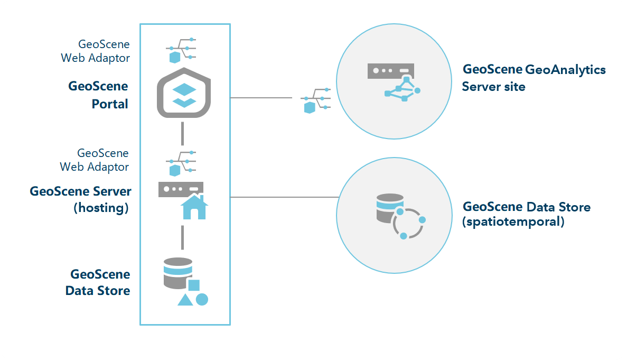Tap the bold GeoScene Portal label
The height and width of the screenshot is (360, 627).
click(x=98, y=95)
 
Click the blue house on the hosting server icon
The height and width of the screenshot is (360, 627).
click(x=194, y=207)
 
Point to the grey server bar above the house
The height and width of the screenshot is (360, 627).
click(x=181, y=189)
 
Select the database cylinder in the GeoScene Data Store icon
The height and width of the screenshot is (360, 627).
click(x=177, y=272)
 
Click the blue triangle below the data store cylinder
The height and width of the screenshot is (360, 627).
click(x=185, y=300)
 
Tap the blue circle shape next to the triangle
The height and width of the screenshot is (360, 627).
click(x=202, y=299)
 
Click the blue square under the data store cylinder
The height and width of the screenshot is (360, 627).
click(x=194, y=285)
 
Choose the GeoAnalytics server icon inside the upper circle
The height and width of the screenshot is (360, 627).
click(x=394, y=81)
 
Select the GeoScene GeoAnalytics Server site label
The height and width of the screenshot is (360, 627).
click(x=534, y=78)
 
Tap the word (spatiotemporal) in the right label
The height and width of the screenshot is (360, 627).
click(x=513, y=222)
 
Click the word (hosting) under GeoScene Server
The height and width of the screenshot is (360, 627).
click(x=101, y=208)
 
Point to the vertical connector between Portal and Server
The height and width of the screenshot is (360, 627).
click(x=182, y=133)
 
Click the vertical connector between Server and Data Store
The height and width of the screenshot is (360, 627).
click(x=182, y=237)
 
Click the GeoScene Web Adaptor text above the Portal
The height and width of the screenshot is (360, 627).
click(x=96, y=51)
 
